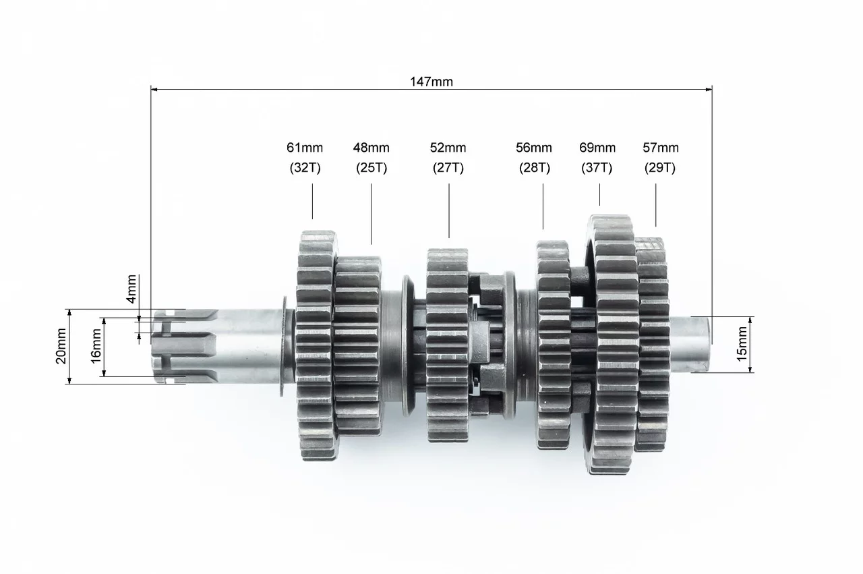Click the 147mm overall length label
[x=431, y=82]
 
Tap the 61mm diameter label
[x=305, y=148]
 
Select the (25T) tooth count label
[x=371, y=168]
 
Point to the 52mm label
[x=448, y=148]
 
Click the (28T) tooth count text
[x=535, y=168]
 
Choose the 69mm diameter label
[x=597, y=148]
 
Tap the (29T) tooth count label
[x=660, y=168]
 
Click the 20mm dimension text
[x=61, y=346]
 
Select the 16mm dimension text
[x=96, y=346]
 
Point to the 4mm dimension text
[x=131, y=289]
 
